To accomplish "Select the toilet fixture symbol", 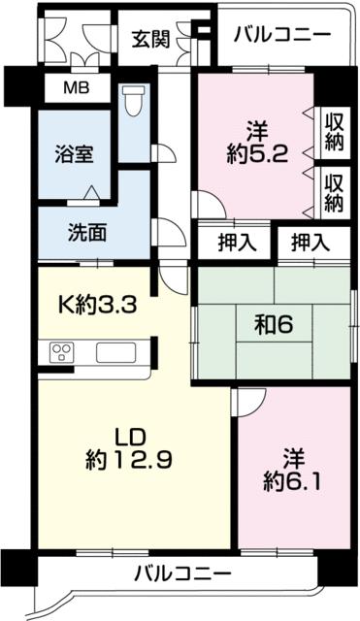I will pyautogui.click(x=133, y=100).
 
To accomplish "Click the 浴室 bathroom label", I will pyautogui.click(x=74, y=152).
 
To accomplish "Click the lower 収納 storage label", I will pyautogui.click(x=334, y=192).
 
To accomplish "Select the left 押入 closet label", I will pyautogui.click(x=235, y=243).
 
